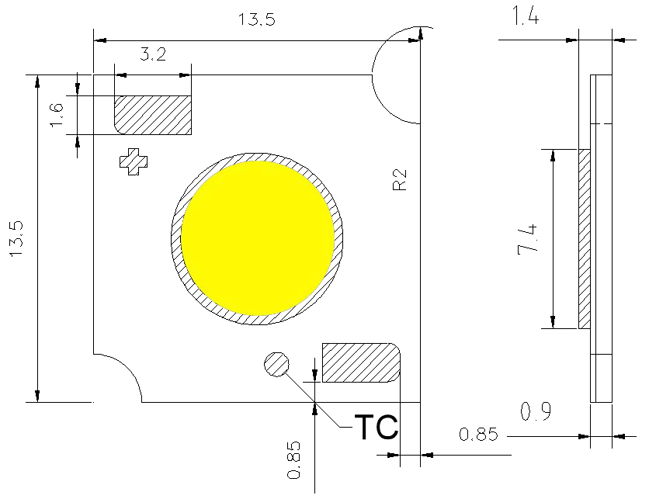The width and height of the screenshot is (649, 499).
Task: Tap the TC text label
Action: click(x=376, y=427)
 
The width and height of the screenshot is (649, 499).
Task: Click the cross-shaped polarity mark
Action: click(x=133, y=161)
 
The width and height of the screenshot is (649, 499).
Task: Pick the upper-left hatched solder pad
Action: click(x=153, y=115)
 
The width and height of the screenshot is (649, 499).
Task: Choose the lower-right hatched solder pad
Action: click(x=361, y=362)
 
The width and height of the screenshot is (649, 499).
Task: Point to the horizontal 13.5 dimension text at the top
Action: click(x=257, y=20)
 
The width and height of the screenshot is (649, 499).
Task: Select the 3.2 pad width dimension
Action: click(x=152, y=56)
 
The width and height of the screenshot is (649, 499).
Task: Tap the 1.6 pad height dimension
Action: click(x=56, y=115)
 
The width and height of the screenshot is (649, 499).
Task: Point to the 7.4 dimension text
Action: click(x=530, y=238)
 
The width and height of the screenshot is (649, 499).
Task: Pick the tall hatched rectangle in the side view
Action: click(x=585, y=238)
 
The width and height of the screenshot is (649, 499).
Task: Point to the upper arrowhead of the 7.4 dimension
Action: click(x=553, y=156)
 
